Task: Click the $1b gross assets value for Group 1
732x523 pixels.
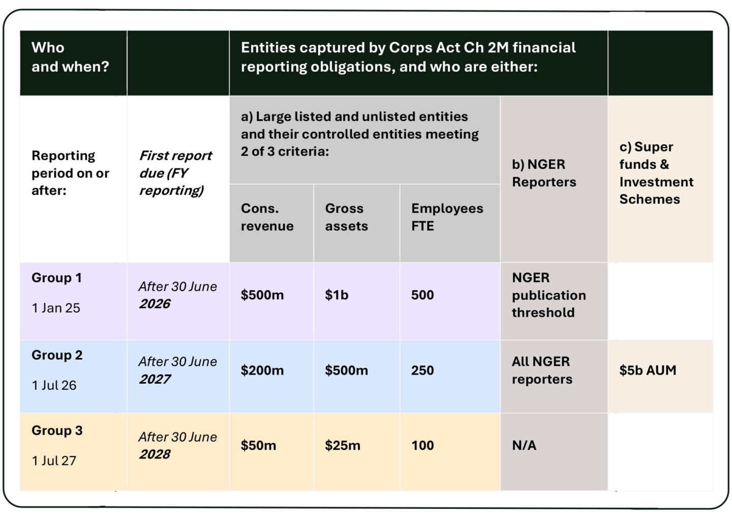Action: pos(337,295)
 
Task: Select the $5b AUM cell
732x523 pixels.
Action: pos(647,371)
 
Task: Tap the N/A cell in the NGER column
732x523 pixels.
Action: pos(524,446)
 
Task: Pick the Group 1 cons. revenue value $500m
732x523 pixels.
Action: pos(262,295)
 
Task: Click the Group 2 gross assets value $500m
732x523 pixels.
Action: pos(346,371)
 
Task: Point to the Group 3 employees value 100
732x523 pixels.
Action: pos(422,446)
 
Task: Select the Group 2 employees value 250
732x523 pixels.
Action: pos(422,371)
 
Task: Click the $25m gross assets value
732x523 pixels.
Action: pos(342,446)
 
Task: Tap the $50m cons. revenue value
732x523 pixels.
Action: pos(258,446)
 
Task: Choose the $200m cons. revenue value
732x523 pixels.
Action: pos(262,371)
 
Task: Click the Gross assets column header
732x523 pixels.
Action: pos(346,218)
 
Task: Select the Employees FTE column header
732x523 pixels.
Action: pos(447,218)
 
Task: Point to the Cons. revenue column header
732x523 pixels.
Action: pos(267,218)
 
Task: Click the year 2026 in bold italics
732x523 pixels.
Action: pos(155,304)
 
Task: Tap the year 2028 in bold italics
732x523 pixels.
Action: pos(155,454)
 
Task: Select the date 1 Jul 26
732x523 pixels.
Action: pos(54,386)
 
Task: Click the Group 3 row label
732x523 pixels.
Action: pos(57,430)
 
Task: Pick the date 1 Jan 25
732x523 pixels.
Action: pos(56,308)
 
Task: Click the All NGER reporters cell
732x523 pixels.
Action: pos(541,371)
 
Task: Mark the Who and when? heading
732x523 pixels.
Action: pos(70,57)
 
